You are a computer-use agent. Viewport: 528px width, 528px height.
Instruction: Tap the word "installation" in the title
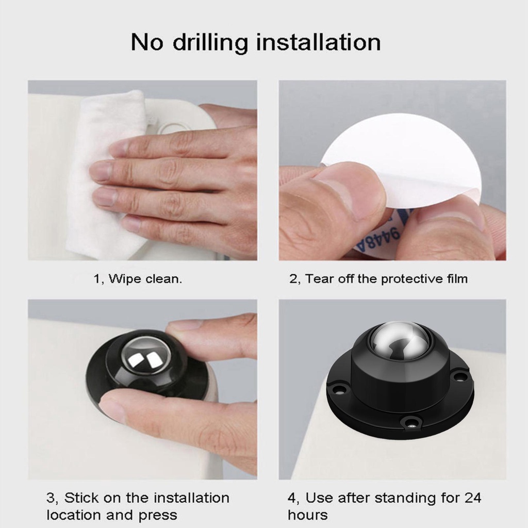tap(319, 42)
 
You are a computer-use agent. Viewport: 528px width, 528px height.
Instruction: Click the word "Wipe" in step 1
tap(125, 279)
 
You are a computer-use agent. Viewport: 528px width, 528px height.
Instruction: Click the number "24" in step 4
tap(472, 498)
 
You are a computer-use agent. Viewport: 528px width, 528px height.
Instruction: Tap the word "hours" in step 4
tap(307, 515)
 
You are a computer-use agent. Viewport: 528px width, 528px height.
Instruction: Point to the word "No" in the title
tap(147, 42)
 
